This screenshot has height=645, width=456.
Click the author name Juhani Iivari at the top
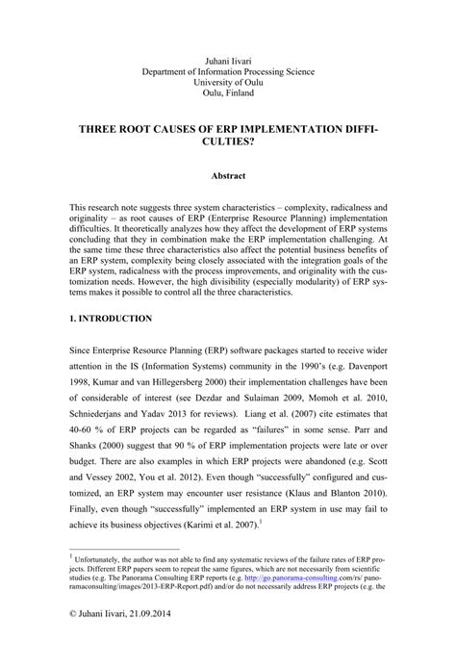point(227,60)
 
